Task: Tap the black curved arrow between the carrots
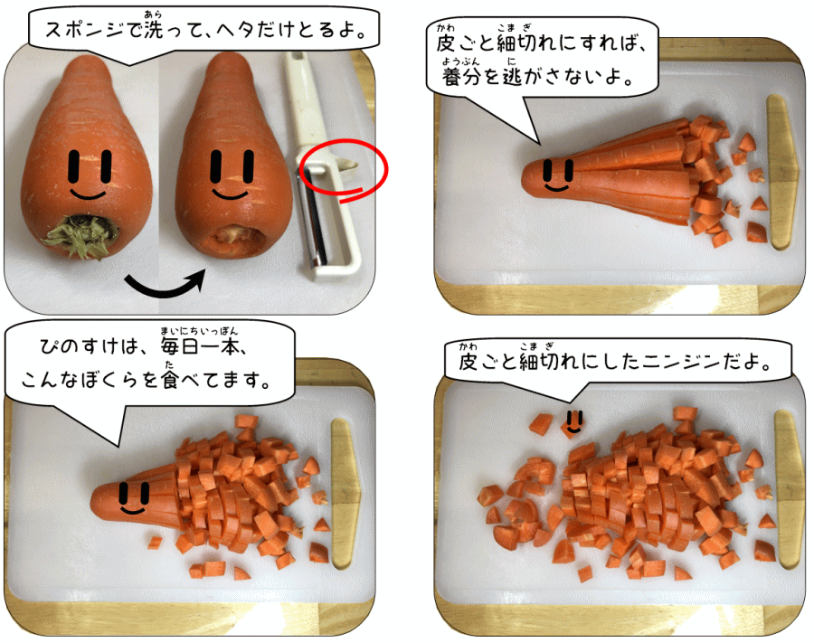coord(164,289)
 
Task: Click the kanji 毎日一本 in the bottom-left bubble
coord(200,346)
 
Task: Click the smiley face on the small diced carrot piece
coord(573,422)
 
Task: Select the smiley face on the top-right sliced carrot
coord(558,175)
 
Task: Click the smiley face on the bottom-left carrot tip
coord(134,497)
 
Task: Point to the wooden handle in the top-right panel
coord(781,171)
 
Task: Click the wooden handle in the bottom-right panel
coord(789,487)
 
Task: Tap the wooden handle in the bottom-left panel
coord(345,494)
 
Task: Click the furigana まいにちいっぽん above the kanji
coord(199,331)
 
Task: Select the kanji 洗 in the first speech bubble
coord(154,30)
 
